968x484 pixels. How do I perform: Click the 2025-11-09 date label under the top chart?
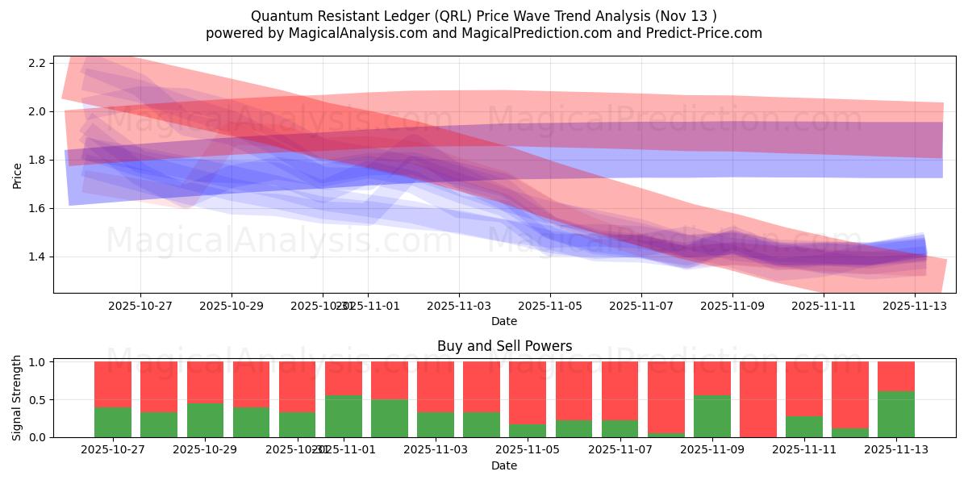click(x=732, y=306)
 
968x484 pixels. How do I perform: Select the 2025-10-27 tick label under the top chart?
click(x=140, y=306)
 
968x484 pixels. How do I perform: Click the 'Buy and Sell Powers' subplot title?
click(x=504, y=346)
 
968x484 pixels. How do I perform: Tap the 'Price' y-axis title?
click(x=18, y=175)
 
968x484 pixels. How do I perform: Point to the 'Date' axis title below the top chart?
click(x=504, y=321)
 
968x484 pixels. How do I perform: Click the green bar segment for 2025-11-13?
click(x=896, y=415)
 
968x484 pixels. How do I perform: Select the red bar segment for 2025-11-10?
click(x=758, y=398)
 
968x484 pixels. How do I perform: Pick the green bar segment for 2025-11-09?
click(x=712, y=416)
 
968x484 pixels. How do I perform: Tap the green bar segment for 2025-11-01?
click(x=344, y=416)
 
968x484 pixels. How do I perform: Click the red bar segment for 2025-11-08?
click(x=665, y=397)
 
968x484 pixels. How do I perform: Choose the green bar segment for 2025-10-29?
click(x=205, y=420)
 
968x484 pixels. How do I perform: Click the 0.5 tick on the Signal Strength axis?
click(x=41, y=399)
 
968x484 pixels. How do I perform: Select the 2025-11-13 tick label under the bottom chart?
click(x=896, y=450)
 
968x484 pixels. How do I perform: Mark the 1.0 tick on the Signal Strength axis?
click(x=41, y=361)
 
